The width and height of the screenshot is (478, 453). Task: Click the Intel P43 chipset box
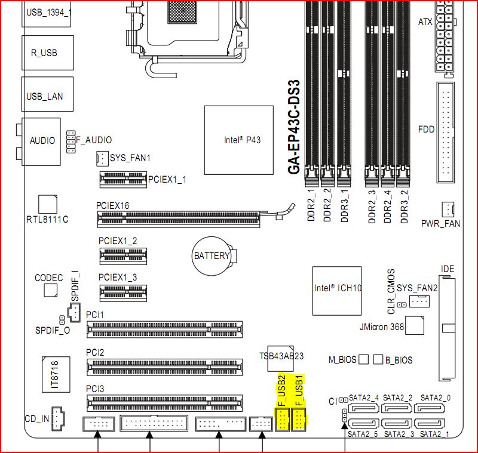click(238, 140)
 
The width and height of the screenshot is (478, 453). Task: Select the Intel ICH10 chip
click(337, 291)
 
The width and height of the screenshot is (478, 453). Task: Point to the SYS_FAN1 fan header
click(102, 158)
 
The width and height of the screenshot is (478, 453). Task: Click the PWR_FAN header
click(448, 209)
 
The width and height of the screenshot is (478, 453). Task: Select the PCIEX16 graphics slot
click(179, 218)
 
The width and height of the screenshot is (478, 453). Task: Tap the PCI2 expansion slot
click(165, 367)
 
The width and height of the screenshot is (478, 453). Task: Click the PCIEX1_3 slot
click(123, 293)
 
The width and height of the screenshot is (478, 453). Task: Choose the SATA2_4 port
click(363, 408)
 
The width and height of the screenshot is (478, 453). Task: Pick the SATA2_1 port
click(429, 424)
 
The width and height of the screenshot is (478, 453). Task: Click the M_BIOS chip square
click(363, 359)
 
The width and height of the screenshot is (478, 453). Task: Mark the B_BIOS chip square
click(378, 359)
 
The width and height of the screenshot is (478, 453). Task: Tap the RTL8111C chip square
click(48, 204)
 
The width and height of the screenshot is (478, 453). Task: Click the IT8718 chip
click(56, 374)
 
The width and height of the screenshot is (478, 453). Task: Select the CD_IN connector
click(57, 418)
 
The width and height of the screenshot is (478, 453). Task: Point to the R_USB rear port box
click(48, 53)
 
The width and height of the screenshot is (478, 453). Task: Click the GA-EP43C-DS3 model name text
click(294, 127)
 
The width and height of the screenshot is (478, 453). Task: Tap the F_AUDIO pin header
click(71, 142)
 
